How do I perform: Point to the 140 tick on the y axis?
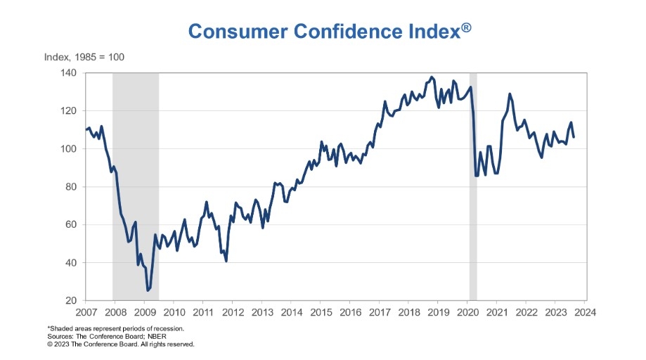click(x=70, y=73)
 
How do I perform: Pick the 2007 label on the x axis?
click(x=86, y=311)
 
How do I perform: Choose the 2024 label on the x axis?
click(x=585, y=311)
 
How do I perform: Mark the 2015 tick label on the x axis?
click(x=321, y=311)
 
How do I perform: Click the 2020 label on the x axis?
click(x=467, y=311)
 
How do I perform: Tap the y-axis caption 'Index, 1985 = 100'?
click(x=84, y=56)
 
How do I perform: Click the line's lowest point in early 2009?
click(x=148, y=290)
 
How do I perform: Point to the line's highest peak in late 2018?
click(x=432, y=77)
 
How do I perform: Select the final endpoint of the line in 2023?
click(x=574, y=137)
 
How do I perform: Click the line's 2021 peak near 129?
click(x=510, y=94)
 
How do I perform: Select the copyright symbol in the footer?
click(x=50, y=345)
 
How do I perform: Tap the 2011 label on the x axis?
click(x=203, y=311)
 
